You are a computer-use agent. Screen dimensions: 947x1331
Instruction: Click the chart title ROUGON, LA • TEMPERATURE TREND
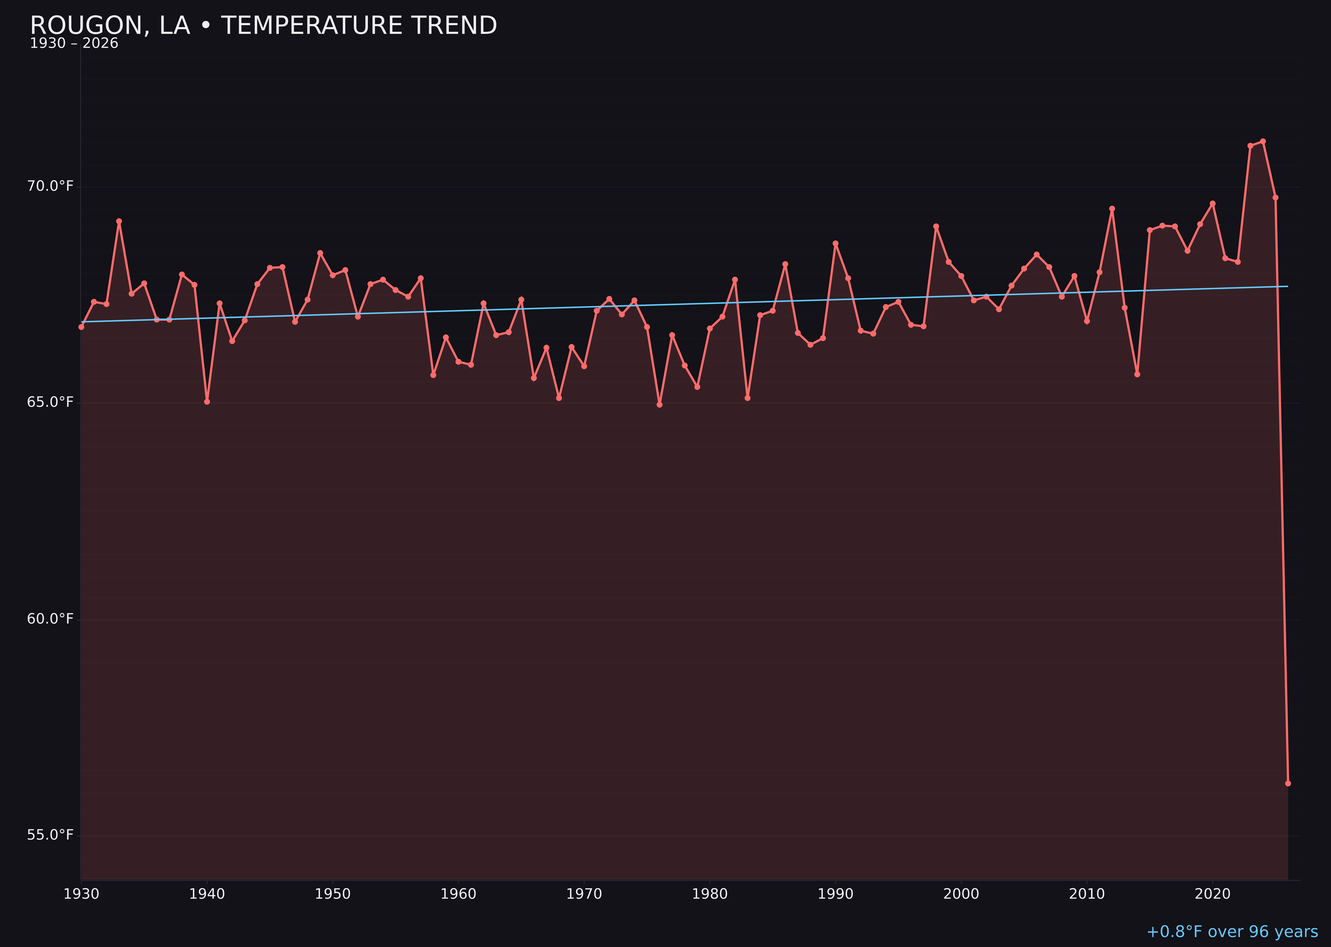264,26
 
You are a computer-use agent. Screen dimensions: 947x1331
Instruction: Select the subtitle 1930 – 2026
74,44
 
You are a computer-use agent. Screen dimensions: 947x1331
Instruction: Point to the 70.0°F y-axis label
50,186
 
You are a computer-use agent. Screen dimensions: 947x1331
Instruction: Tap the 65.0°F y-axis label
50,402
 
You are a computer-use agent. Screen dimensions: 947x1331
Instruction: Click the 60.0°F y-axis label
50,619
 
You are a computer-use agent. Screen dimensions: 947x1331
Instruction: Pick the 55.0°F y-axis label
50,835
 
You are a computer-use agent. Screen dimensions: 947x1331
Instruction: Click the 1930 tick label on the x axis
82,894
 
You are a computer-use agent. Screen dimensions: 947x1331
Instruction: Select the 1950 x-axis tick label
333,894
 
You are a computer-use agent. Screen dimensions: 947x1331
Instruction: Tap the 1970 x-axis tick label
584,894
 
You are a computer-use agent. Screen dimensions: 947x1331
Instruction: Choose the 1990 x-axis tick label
835,894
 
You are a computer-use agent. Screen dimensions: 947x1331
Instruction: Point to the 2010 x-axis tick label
1087,894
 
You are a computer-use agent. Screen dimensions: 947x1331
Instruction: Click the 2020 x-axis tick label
1212,894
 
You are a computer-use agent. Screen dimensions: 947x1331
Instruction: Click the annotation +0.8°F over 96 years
1232,932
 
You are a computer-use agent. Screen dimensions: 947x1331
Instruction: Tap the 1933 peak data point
119,221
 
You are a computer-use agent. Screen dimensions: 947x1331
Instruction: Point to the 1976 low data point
660,405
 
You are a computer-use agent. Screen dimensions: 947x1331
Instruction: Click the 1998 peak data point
936,226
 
